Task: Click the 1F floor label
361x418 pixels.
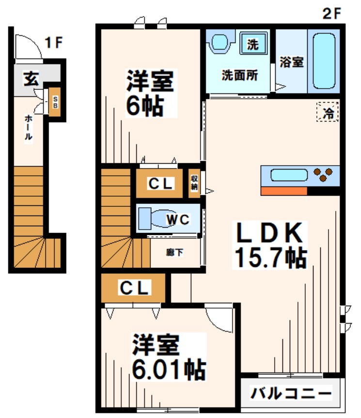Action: coord(53,43)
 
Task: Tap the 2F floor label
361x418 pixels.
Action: coord(332,13)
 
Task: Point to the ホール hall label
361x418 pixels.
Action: coord(29,127)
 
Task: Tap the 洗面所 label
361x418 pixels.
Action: coord(239,75)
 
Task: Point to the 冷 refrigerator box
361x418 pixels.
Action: coord(328,113)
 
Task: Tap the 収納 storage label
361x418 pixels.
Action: coord(194,183)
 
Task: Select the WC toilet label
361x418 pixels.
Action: coord(177,219)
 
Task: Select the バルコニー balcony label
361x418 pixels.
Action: coord(291,392)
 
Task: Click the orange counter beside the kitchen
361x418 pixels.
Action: coord(284,191)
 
